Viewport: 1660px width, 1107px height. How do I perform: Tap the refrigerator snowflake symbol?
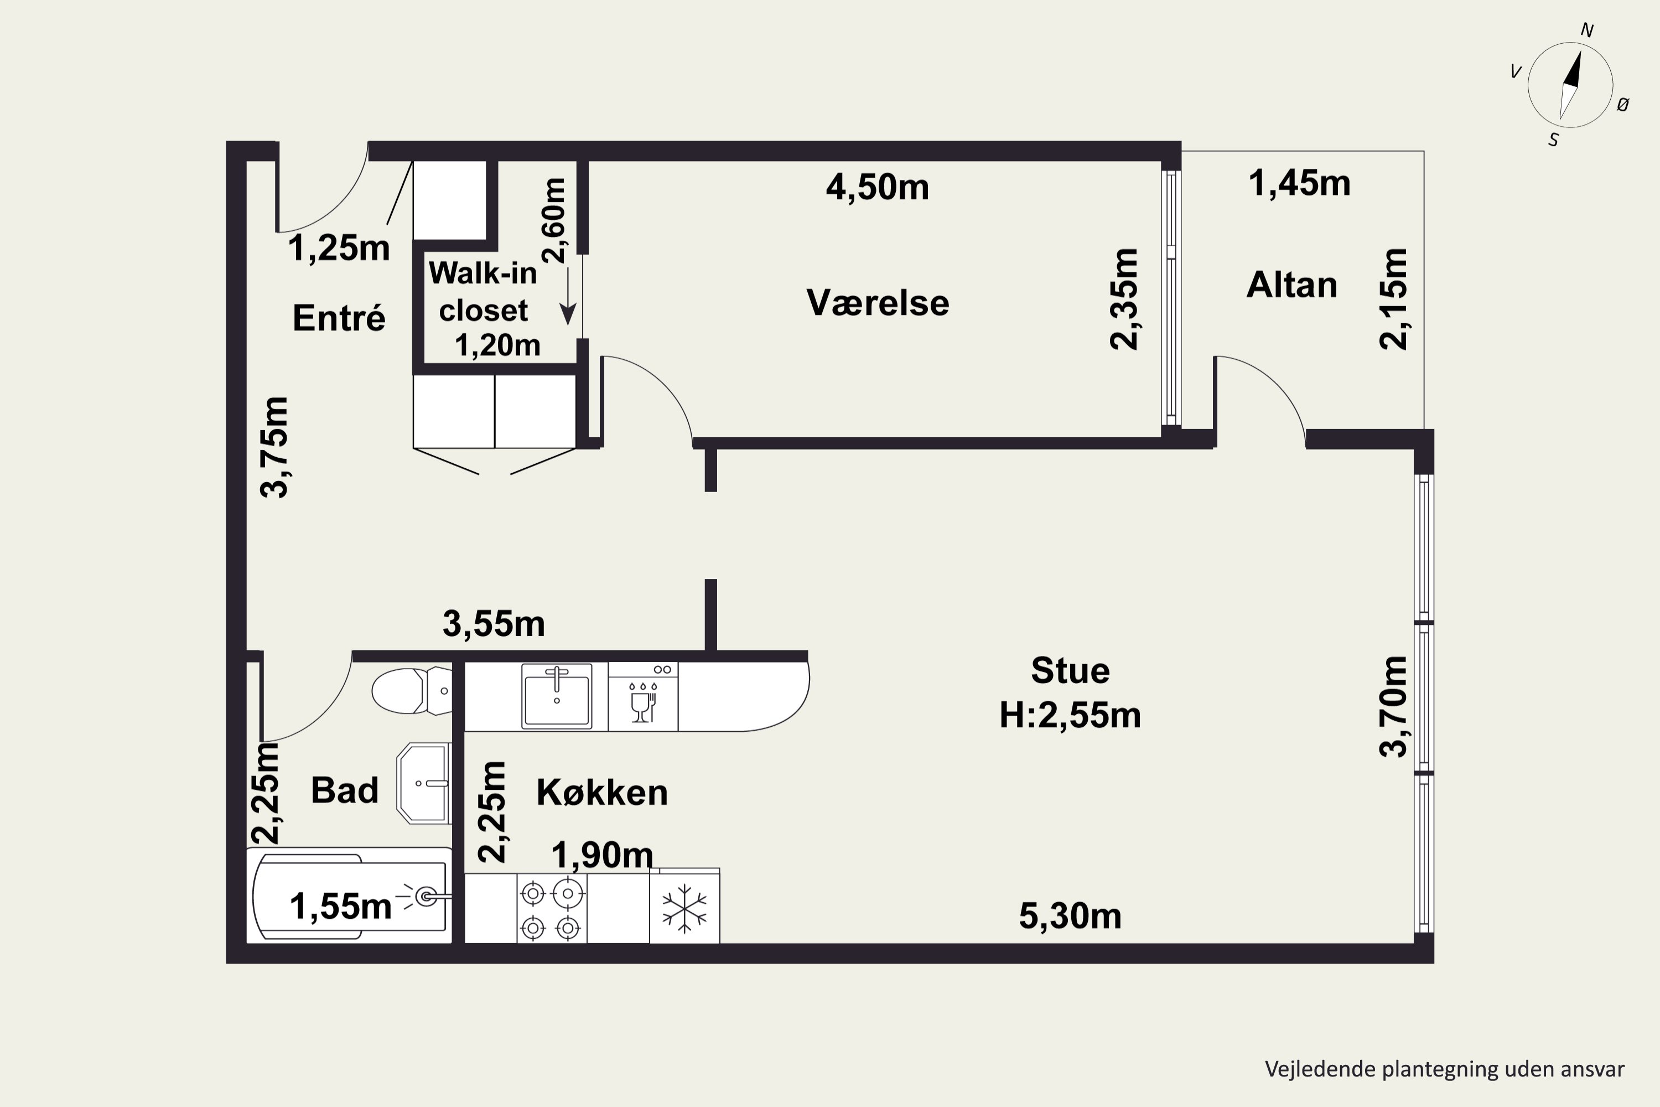pyautogui.click(x=684, y=909)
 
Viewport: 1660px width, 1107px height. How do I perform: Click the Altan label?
pyautogui.click(x=1291, y=285)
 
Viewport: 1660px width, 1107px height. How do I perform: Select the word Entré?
pyautogui.click(x=339, y=318)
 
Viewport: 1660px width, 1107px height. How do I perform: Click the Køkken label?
pyautogui.click(x=602, y=792)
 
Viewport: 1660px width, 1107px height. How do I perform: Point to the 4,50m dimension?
pyautogui.click(x=877, y=188)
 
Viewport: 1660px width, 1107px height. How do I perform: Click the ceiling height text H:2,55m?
pyautogui.click(x=1070, y=715)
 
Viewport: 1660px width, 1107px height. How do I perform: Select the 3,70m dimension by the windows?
pyautogui.click(x=1394, y=707)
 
